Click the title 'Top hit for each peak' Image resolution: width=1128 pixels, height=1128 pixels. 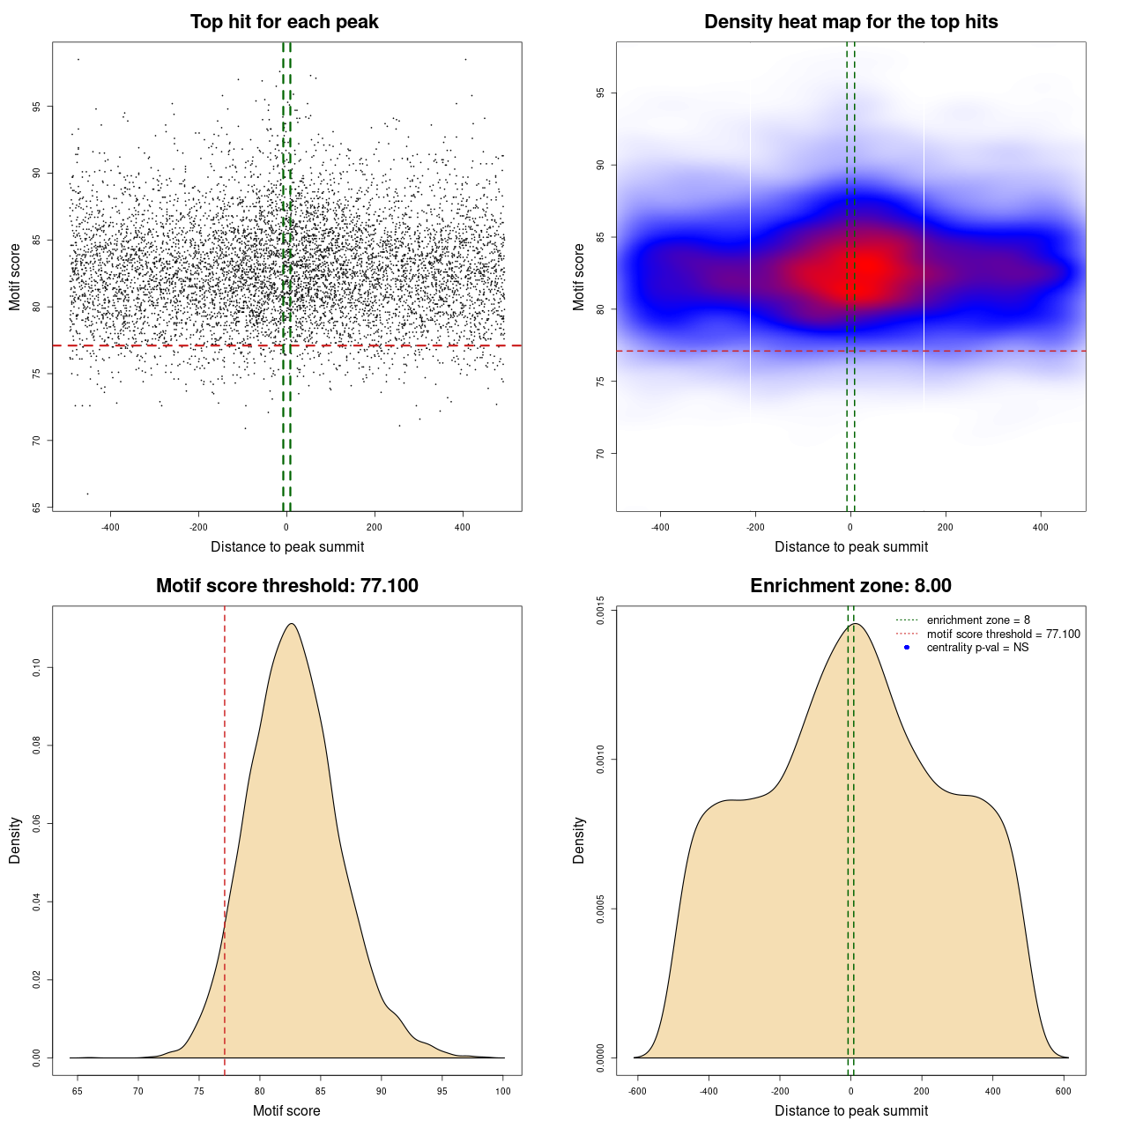coord(285,22)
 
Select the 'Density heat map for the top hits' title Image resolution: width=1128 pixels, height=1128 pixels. coord(850,22)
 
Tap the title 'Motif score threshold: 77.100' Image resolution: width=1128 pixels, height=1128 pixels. coord(286,586)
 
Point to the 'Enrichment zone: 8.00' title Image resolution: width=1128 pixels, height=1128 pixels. coord(850,586)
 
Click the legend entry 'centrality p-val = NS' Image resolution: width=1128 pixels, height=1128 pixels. coord(977,648)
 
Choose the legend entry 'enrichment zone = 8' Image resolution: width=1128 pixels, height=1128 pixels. coord(978,620)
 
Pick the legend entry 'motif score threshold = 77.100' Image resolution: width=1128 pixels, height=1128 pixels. coord(1003,634)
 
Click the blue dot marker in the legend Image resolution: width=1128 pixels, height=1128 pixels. coord(907,648)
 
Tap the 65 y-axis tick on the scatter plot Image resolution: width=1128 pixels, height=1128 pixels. coord(36,508)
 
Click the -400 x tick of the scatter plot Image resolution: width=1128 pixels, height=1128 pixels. coord(110,527)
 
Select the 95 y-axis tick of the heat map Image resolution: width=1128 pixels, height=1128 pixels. coord(600,93)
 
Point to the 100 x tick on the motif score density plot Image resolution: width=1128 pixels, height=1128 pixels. coord(503,1091)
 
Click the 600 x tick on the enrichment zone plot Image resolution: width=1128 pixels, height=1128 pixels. coord(1064,1091)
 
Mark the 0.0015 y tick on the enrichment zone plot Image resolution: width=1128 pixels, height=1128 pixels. coord(600,610)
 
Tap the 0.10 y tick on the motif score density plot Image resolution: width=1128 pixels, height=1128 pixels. coord(36,668)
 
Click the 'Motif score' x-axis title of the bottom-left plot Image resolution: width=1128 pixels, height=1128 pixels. coord(286,1110)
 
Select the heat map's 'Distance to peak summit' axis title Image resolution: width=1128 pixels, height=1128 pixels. coord(850,546)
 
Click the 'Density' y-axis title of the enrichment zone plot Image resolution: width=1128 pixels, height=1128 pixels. coord(579,840)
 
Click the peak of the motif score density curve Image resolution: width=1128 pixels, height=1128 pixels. coord(291,624)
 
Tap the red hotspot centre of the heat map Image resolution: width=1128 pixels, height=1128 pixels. coord(868,267)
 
